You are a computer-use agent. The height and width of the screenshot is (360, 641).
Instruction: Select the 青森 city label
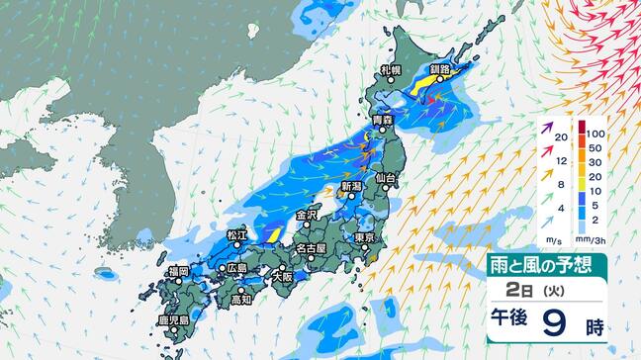tap(382, 121)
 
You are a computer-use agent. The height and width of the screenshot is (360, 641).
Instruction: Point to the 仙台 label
tap(387, 178)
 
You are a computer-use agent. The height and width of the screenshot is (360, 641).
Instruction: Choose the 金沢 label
tap(306, 214)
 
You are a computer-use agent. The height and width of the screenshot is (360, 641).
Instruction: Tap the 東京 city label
tap(362, 238)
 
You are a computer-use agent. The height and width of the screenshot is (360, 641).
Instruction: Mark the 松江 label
tap(236, 234)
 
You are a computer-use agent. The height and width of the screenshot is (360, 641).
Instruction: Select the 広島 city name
tap(236, 269)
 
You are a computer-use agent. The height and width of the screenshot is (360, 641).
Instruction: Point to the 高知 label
tap(242, 299)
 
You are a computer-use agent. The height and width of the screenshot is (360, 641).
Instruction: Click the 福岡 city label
tap(178, 271)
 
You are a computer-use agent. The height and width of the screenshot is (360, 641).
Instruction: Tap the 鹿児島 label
tap(174, 322)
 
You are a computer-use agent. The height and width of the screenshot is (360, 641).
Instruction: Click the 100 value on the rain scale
tap(594, 132)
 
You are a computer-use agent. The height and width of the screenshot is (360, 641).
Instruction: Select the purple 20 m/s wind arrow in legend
tap(546, 128)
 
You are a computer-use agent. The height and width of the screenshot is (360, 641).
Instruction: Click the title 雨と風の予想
tap(546, 265)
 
